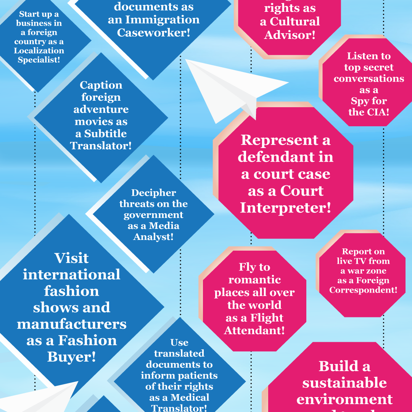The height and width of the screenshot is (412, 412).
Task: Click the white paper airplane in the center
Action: pyautogui.click(x=229, y=88)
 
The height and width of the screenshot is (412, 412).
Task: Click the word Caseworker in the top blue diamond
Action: pyautogui.click(x=154, y=32)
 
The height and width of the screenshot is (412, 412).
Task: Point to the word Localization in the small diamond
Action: pyautogui.click(x=39, y=51)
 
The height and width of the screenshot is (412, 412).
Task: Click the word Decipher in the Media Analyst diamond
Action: pyautogui.click(x=153, y=193)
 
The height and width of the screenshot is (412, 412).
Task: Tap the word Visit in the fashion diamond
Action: pyautogui.click(x=71, y=258)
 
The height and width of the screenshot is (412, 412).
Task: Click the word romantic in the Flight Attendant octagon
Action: pyautogui.click(x=254, y=280)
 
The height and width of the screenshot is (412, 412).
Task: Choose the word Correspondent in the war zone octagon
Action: pyautogui.click(x=363, y=290)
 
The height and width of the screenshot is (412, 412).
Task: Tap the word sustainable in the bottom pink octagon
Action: pyautogui.click(x=344, y=383)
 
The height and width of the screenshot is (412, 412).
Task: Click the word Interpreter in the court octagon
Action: pyautogui.click(x=285, y=208)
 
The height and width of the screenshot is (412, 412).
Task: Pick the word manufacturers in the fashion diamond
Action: pyautogui.click(x=71, y=324)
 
